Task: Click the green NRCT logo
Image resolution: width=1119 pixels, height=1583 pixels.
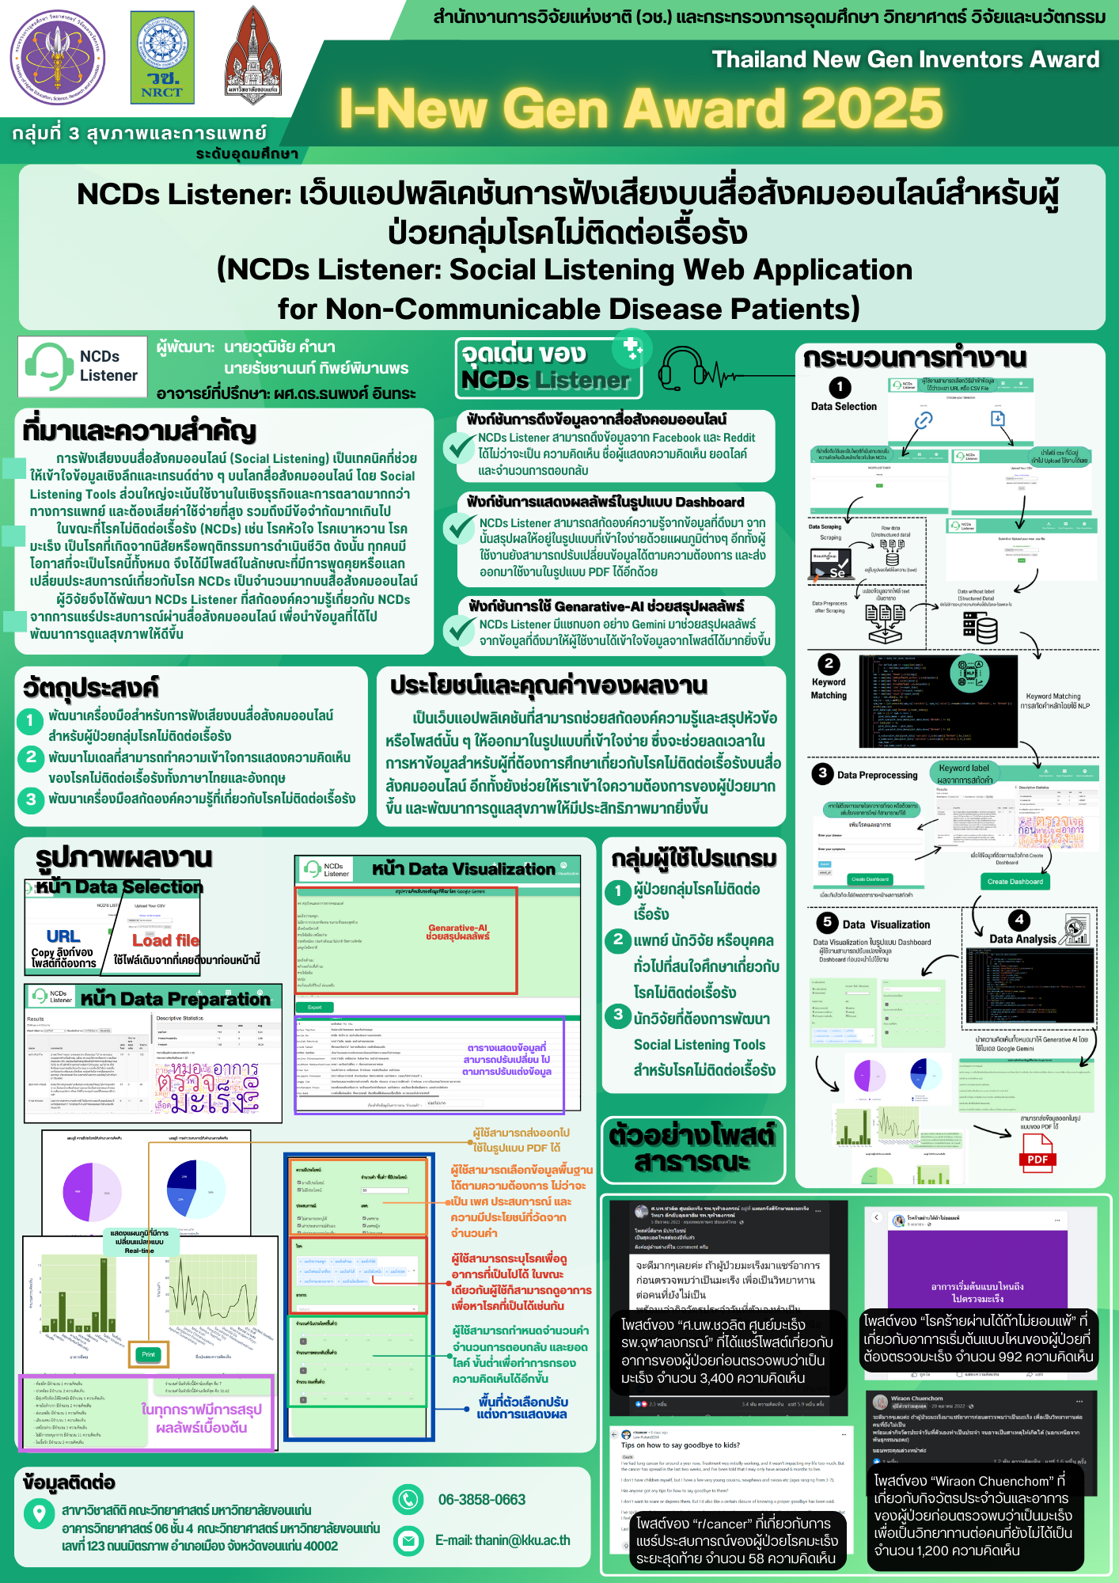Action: (x=162, y=57)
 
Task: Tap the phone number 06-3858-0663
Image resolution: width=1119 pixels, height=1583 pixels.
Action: (x=481, y=1500)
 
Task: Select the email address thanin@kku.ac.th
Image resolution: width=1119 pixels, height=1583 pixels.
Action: (x=503, y=1540)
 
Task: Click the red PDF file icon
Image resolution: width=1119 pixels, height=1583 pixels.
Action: (x=1037, y=1152)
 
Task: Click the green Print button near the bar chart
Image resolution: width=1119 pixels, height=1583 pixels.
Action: (x=149, y=1354)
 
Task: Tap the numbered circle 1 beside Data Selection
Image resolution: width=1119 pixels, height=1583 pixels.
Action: (x=840, y=387)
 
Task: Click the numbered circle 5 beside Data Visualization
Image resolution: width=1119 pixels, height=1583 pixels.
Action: (x=827, y=922)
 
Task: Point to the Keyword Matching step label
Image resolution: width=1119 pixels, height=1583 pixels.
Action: (x=828, y=689)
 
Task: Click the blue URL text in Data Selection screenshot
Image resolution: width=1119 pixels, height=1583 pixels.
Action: (x=63, y=936)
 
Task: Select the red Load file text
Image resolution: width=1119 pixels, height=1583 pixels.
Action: (x=165, y=940)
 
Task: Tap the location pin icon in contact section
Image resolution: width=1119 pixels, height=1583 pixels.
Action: (x=39, y=1513)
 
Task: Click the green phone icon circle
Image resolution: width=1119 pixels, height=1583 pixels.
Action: (x=408, y=1499)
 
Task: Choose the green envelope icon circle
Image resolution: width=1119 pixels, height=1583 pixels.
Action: (x=408, y=1540)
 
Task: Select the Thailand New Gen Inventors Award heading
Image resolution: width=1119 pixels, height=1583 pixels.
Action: (x=905, y=59)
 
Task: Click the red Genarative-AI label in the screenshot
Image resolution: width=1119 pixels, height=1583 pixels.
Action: (x=457, y=932)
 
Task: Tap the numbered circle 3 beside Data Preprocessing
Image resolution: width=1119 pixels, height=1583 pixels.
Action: (x=822, y=773)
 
